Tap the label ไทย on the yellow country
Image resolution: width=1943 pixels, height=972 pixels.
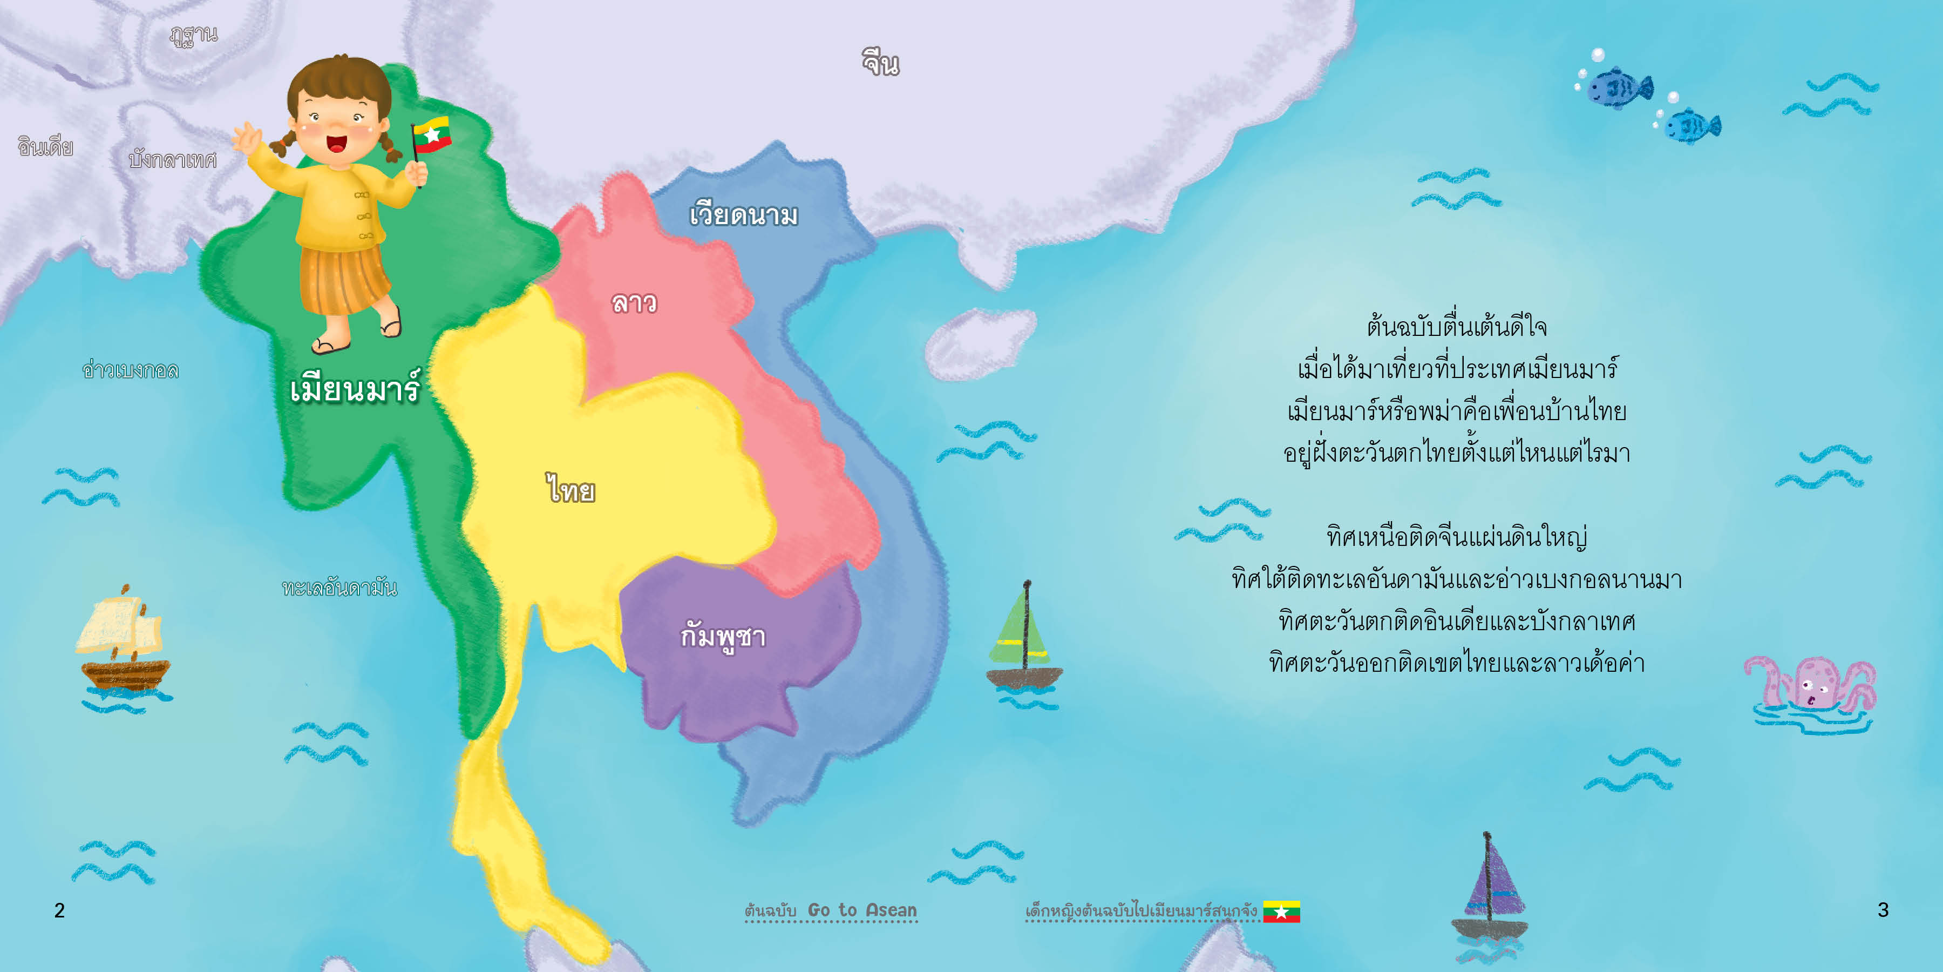pyautogui.click(x=571, y=489)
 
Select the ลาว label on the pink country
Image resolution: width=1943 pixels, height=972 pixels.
pyautogui.click(x=634, y=302)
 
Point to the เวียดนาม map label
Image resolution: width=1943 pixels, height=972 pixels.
pyautogui.click(x=744, y=215)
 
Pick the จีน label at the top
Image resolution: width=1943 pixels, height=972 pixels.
pyautogui.click(x=880, y=63)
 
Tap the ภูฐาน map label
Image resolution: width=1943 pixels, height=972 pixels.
pyautogui.click(x=193, y=35)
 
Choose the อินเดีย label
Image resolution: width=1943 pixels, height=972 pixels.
pyautogui.click(x=45, y=146)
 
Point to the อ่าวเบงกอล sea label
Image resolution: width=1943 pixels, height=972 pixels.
pyautogui.click(x=131, y=370)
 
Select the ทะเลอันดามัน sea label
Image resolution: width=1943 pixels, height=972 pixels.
pyautogui.click(x=339, y=587)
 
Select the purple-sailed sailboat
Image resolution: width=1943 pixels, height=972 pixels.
pyautogui.click(x=1490, y=890)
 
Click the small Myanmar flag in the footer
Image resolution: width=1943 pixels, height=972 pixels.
pyautogui.click(x=1281, y=912)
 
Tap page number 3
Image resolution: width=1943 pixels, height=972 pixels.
pyautogui.click(x=1883, y=910)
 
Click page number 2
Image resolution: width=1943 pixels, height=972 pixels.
pyautogui.click(x=59, y=910)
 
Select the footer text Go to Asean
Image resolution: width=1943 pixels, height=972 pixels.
pyautogui.click(x=862, y=910)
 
